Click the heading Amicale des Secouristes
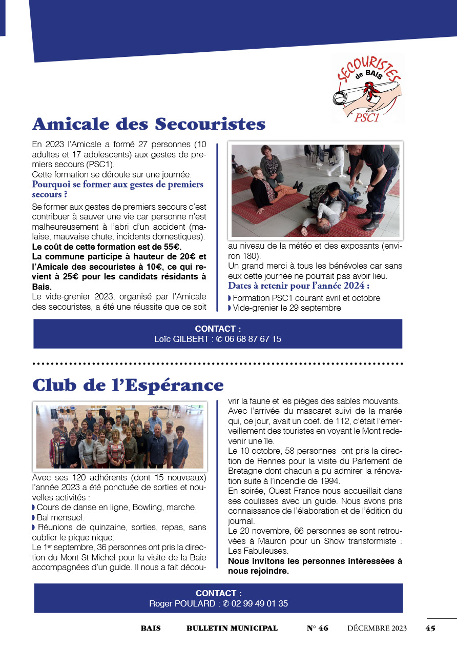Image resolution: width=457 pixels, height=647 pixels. point(149,124)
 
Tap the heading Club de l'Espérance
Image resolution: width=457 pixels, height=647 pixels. point(128,385)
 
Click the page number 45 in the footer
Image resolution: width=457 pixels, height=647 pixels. point(430,628)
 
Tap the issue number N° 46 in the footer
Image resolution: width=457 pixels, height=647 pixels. point(317,628)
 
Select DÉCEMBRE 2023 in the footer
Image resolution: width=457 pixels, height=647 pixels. point(377,628)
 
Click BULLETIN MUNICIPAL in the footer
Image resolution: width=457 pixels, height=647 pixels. point(232,628)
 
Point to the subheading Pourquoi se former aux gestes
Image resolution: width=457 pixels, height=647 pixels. point(117,189)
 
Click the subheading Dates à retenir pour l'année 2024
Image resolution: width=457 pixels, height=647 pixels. point(299,286)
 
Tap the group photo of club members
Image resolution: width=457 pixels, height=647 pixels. point(120,436)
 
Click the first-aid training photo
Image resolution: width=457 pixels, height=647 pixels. point(315,191)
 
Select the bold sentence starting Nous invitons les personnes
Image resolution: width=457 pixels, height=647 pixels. point(315,566)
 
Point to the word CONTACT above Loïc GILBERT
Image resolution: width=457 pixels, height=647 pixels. point(218,329)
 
